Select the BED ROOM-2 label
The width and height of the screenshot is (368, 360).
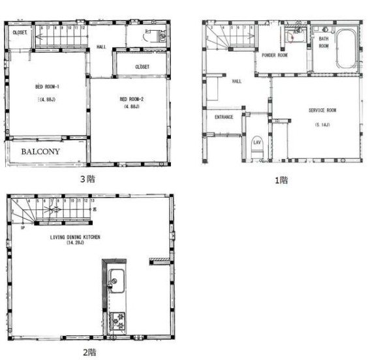tap(130, 99)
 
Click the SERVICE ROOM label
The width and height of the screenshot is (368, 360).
tap(322, 110)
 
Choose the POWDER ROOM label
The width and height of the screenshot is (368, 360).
tap(275, 55)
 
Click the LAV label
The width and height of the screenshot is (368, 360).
tap(257, 142)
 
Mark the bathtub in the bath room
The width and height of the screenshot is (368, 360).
tap(344, 48)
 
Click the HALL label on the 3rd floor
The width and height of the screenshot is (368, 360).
tap(101, 47)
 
